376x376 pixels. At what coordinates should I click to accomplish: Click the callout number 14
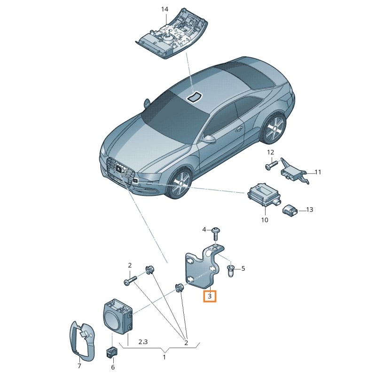click(164, 9)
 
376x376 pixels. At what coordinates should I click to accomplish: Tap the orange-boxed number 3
click(210, 296)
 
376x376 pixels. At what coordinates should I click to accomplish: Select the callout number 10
click(265, 220)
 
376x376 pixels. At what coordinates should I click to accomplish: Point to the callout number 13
click(310, 210)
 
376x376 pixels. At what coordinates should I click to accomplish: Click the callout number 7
click(79, 366)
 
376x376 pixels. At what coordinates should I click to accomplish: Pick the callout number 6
click(113, 367)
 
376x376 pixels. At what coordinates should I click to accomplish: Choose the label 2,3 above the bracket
click(143, 342)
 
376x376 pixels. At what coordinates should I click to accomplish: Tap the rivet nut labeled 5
click(230, 271)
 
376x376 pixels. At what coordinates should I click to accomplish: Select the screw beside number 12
click(272, 165)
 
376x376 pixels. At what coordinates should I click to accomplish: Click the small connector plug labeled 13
click(290, 210)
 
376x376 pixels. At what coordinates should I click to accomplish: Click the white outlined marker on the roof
click(195, 96)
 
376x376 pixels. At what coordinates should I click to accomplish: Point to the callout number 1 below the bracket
click(164, 357)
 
